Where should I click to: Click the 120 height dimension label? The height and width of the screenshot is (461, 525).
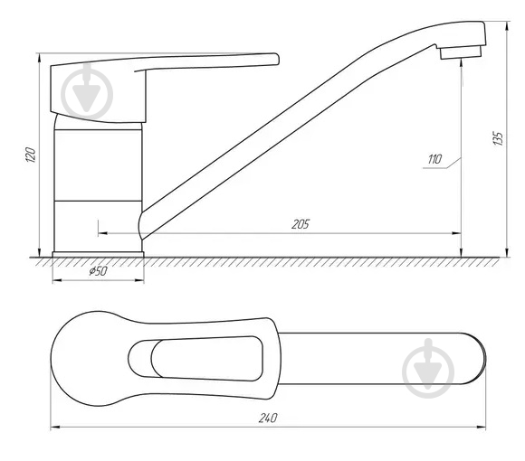point(31,155)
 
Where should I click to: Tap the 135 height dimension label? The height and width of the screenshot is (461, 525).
point(498,138)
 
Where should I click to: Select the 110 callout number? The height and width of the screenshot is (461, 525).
point(434,159)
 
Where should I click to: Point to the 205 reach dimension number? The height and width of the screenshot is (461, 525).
point(301,224)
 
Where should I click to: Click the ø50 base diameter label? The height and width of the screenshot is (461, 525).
point(98,271)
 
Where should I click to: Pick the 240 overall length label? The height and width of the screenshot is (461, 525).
point(268,418)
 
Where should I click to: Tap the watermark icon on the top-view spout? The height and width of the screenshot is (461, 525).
point(428,369)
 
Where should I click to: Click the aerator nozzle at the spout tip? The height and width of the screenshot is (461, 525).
point(461,52)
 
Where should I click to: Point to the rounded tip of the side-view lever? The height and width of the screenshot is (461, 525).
point(276,59)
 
